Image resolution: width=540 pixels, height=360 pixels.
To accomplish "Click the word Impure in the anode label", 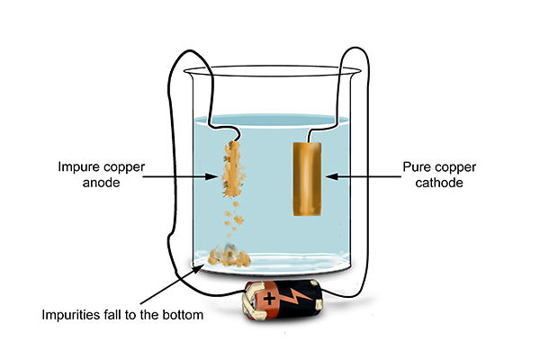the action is click(79, 167).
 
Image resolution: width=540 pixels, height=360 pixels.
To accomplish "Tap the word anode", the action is click(101, 183).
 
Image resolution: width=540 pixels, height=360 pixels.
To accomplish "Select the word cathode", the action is click(439, 183).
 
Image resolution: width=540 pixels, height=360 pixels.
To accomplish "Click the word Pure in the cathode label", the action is click(418, 167).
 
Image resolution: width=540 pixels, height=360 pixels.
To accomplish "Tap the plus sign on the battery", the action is click(269, 298).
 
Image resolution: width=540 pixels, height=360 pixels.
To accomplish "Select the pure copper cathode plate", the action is click(307, 179).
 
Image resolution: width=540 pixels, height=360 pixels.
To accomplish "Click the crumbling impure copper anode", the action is click(233, 169).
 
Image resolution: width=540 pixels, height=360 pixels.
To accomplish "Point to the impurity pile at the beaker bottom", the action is click(229, 256).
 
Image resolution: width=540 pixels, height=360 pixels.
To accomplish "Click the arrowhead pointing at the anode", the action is click(211, 176).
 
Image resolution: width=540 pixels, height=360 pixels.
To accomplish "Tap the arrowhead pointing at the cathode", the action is click(332, 176).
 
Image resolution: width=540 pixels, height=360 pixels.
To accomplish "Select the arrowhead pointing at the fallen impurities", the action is click(197, 268).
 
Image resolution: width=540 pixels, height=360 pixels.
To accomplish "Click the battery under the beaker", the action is click(283, 300).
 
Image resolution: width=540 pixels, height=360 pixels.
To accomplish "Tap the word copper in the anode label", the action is click(124, 167).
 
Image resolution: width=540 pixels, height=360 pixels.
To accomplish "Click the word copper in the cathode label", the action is click(455, 167).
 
